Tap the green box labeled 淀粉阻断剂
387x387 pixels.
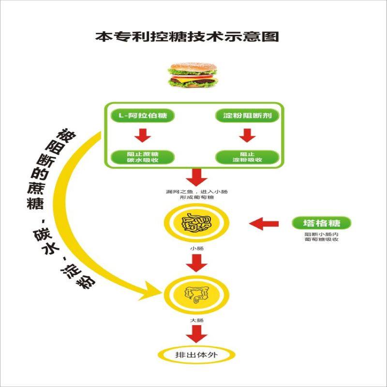247,116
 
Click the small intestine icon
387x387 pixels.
196,223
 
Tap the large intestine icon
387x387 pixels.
196,293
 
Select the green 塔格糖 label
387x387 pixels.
321,223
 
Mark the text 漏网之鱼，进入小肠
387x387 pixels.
196,192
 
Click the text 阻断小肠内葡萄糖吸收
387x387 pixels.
321,237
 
